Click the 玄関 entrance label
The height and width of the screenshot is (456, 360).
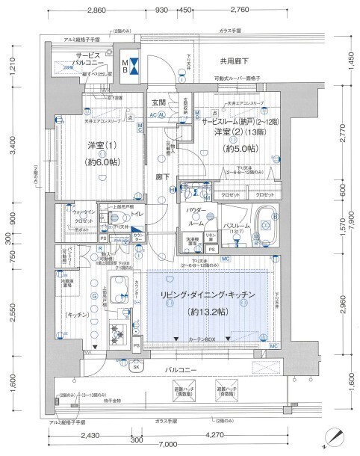pyautogui.click(x=159, y=102)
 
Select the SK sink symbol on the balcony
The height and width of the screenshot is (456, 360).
pyautogui.click(x=137, y=366)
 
